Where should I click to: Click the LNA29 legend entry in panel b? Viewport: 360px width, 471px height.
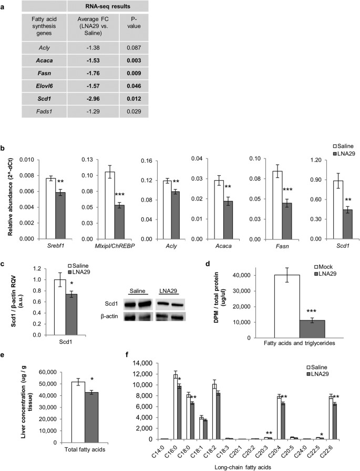tap(334, 153)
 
